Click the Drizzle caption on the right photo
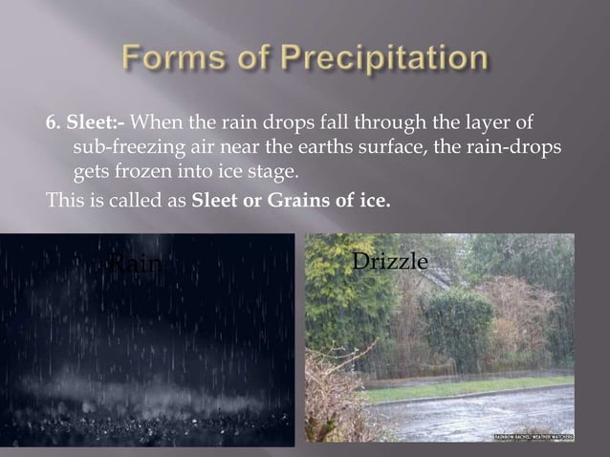[x=390, y=260]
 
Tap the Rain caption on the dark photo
[x=134, y=263]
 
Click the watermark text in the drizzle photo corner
[x=534, y=436]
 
